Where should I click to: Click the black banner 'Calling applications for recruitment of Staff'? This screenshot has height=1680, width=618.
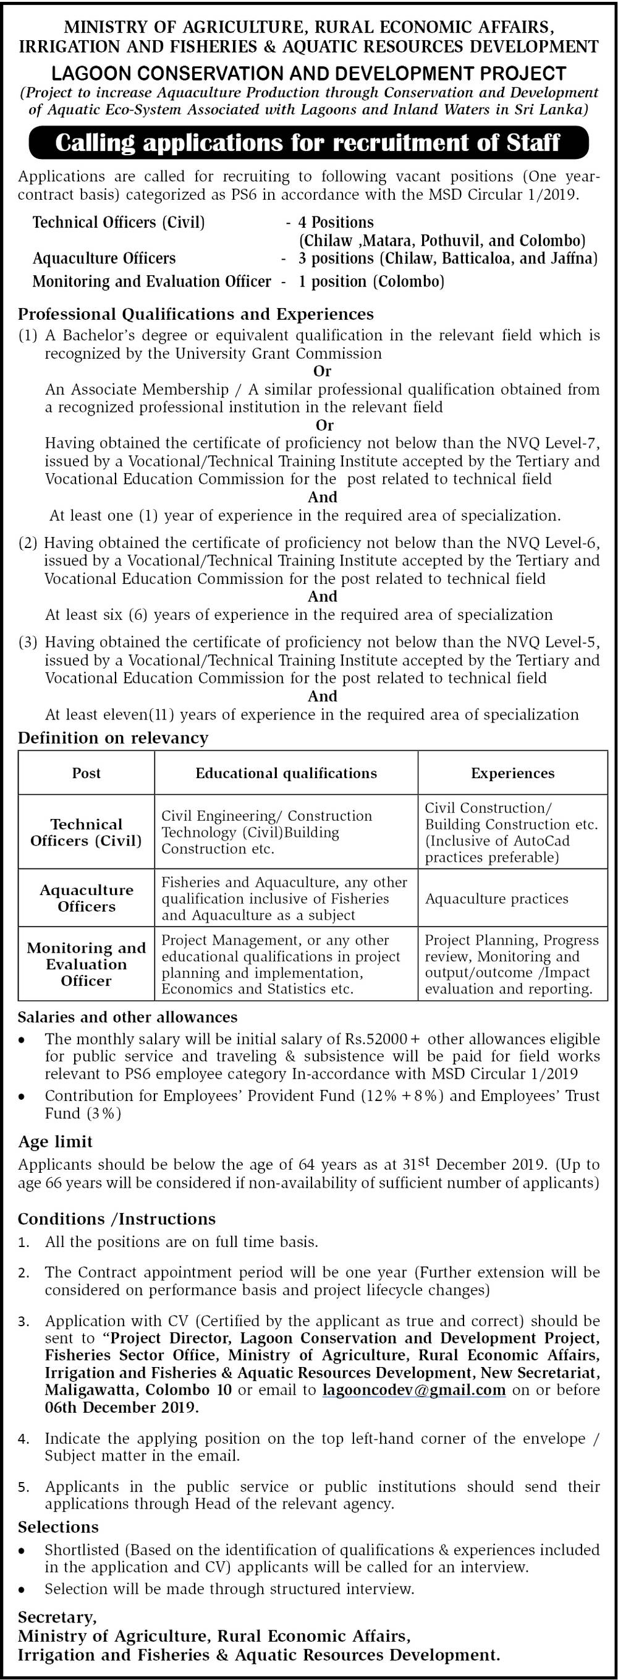pyautogui.click(x=308, y=143)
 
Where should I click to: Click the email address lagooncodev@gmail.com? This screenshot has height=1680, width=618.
pyautogui.click(x=414, y=1390)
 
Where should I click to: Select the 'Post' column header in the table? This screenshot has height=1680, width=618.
pyautogui.click(x=86, y=773)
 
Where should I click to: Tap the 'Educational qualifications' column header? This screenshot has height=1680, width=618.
pyautogui.click(x=286, y=773)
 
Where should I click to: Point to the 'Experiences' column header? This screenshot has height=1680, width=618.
pyautogui.click(x=512, y=773)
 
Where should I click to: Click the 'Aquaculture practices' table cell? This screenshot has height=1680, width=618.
pyautogui.click(x=497, y=899)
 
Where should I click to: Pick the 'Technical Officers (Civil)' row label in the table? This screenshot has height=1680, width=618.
pyautogui.click(x=86, y=832)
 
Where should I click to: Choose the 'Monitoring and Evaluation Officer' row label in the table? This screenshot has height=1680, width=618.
pyautogui.click(x=86, y=964)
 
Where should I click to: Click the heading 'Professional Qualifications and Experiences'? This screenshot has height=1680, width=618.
pyautogui.click(x=195, y=314)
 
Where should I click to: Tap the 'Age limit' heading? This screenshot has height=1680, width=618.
pyautogui.click(x=56, y=1141)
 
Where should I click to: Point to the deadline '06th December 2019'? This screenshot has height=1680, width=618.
pyautogui.click(x=121, y=1407)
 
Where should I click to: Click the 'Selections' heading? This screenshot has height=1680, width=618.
pyautogui.click(x=58, y=1527)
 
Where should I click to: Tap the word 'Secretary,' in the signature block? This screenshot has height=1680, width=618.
pyautogui.click(x=57, y=1617)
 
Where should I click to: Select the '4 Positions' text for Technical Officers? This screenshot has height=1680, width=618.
pyautogui.click(x=336, y=223)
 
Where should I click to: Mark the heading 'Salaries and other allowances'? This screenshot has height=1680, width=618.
pyautogui.click(x=127, y=1017)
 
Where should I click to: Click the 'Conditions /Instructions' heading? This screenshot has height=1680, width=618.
pyautogui.click(x=116, y=1219)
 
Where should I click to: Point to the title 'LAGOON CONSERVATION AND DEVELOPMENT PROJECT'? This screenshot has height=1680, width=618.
pyautogui.click(x=308, y=73)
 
